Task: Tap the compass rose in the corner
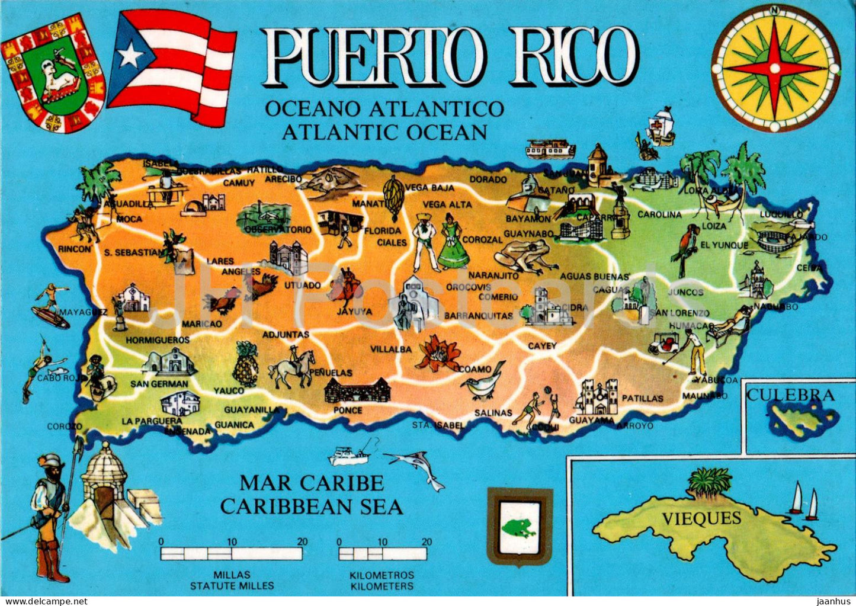pyautogui.click(x=775, y=68)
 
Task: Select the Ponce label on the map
pyautogui.click(x=348, y=410)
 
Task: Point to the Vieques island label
pyautogui.click(x=701, y=519)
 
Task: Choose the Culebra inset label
pyautogui.click(x=790, y=395)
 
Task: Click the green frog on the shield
pyautogui.click(x=518, y=527)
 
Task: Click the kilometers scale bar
pyautogui.click(x=383, y=554)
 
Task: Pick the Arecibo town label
pyautogui.click(x=284, y=179)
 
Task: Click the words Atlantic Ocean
pyautogui.click(x=384, y=132)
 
